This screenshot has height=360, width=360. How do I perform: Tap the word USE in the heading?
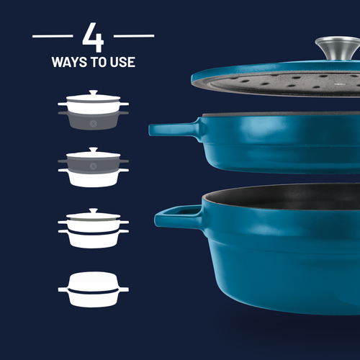click(x=123, y=63)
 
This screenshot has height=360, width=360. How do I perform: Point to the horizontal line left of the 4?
click(x=53, y=35)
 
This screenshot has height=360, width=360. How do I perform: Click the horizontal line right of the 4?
click(x=134, y=35)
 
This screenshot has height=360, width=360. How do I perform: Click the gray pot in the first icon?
click(x=94, y=120)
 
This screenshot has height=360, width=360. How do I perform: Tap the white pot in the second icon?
click(x=94, y=178)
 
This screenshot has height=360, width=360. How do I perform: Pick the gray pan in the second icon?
click(x=94, y=163)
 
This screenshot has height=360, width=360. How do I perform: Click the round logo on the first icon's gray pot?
click(x=94, y=121)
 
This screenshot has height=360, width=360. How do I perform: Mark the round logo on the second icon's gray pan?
click(x=94, y=164)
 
